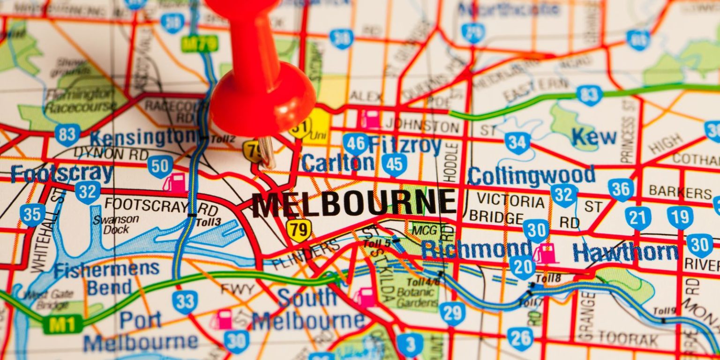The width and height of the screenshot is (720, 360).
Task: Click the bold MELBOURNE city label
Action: pos(354,203)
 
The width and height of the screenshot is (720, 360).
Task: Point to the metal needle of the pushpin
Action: pos(266,152)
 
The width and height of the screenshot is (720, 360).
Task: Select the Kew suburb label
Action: pos(594,136)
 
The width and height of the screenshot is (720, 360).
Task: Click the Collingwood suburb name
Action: pos(531,175)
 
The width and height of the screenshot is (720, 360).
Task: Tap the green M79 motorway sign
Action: pos(200,44)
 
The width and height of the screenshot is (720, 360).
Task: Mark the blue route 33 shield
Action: pos(185,302)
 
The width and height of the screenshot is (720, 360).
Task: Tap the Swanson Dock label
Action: pos(115,224)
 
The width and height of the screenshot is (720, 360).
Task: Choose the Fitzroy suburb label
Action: pos(405,145)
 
